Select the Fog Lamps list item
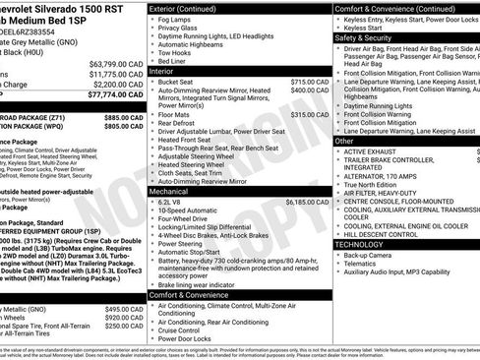point(176,20)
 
